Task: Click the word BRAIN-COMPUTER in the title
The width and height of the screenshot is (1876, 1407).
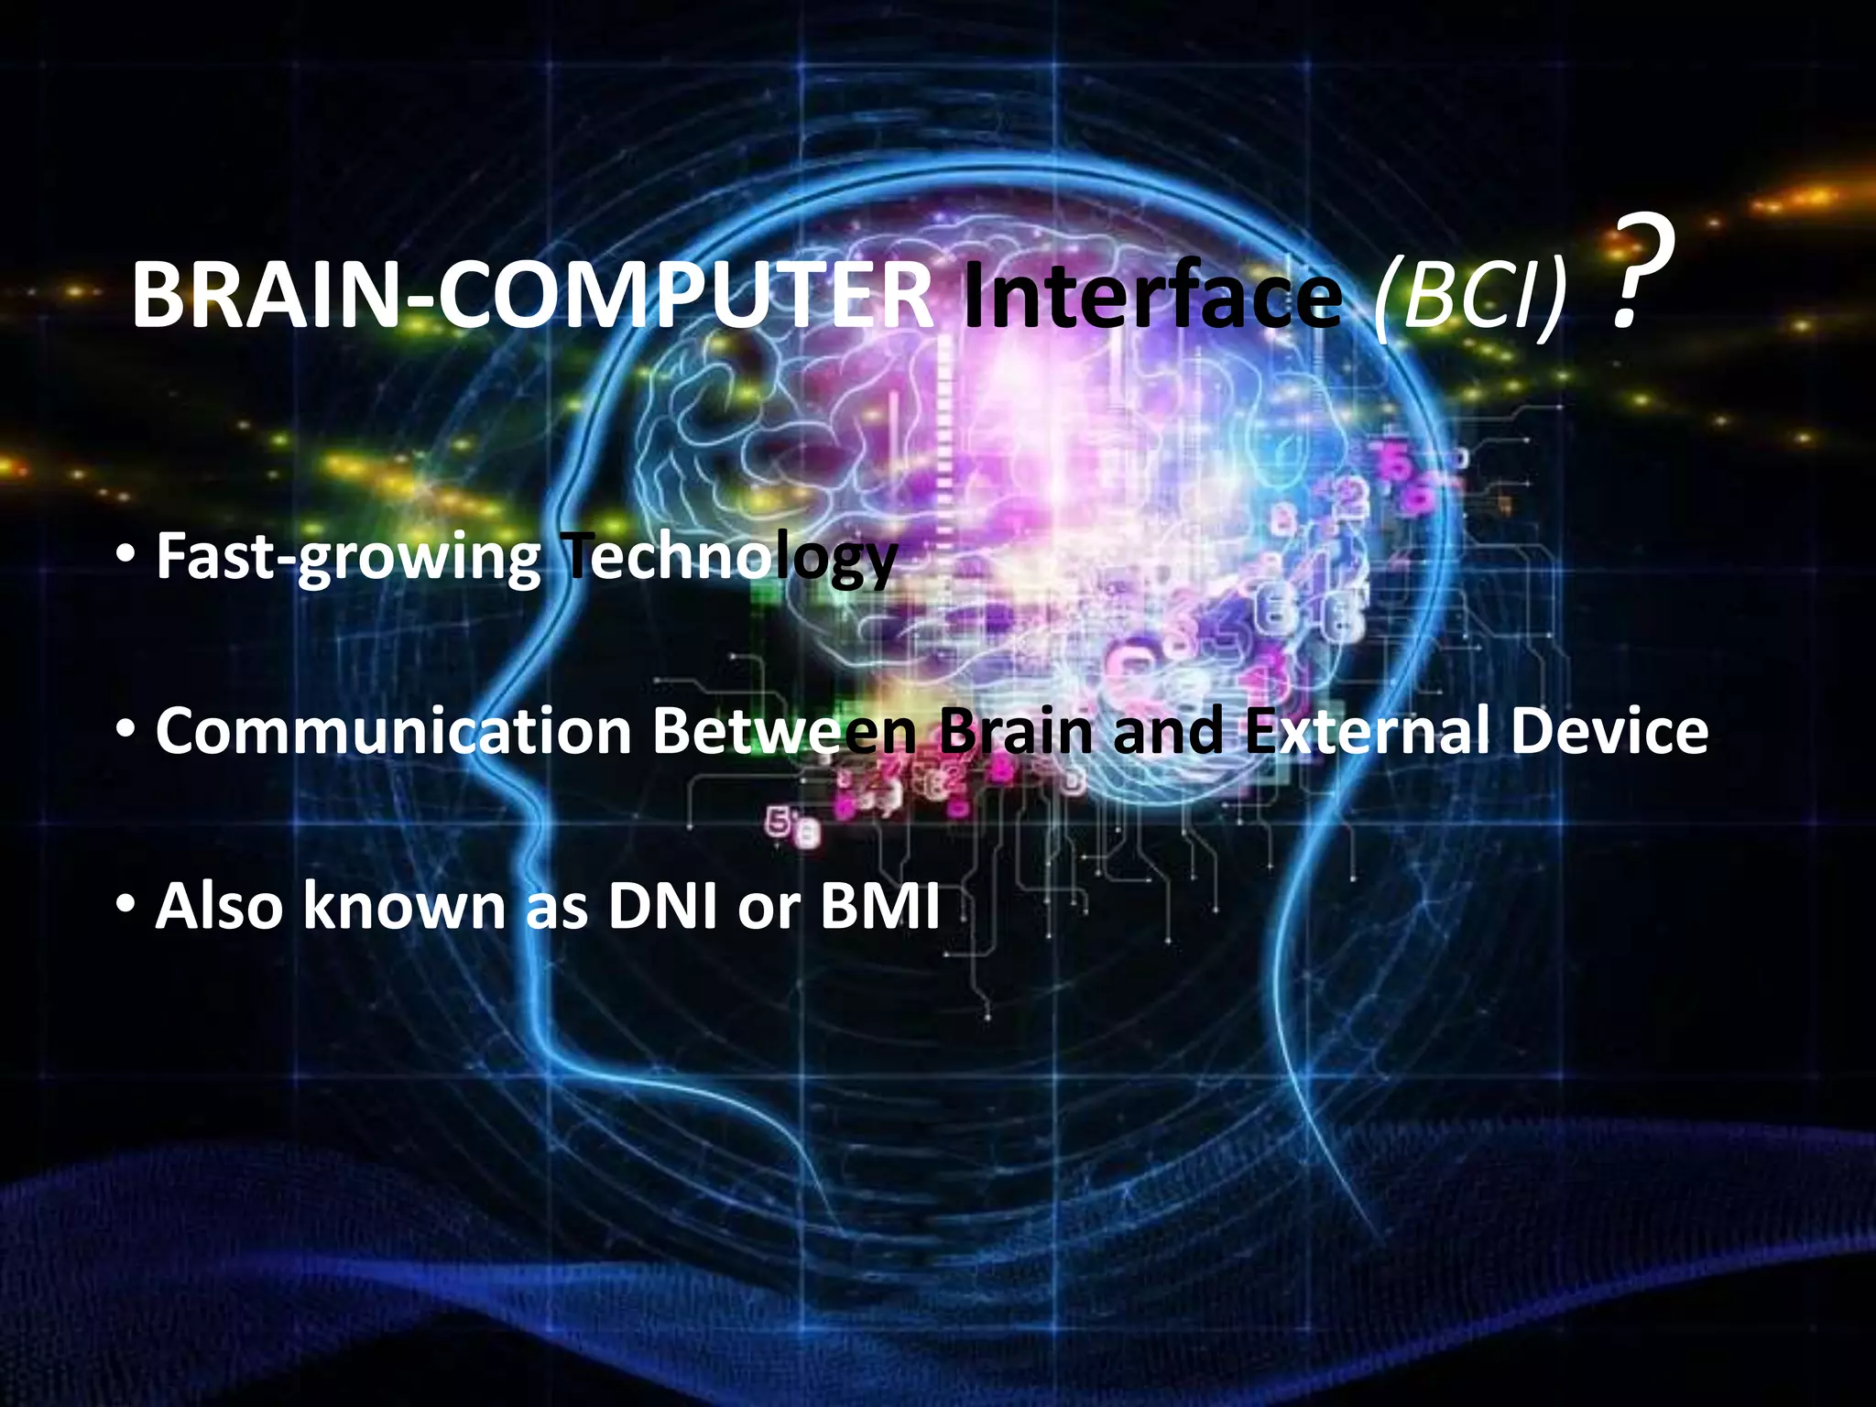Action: tap(531, 295)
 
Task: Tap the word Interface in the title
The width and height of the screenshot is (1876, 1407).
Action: tap(1152, 295)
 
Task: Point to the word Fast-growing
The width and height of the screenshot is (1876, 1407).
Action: tap(348, 556)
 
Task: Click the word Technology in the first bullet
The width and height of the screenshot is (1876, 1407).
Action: tap(728, 556)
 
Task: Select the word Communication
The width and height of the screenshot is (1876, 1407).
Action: tap(394, 731)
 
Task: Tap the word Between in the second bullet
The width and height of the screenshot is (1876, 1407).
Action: tap(784, 731)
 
